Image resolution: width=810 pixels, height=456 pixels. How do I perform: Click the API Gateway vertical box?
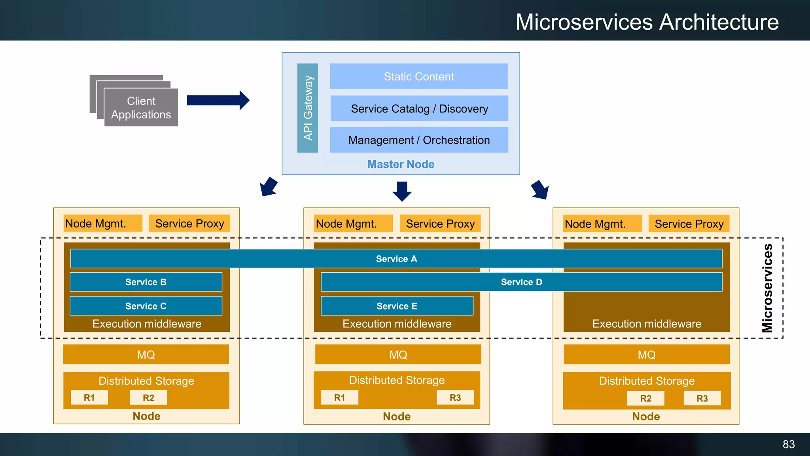tap(308, 108)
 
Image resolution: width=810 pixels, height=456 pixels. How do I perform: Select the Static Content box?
tap(419, 76)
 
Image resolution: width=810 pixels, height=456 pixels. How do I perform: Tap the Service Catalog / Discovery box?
tap(419, 108)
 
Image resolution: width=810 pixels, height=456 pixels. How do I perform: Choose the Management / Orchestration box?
tap(419, 140)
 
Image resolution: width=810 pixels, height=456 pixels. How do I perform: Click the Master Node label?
tap(401, 164)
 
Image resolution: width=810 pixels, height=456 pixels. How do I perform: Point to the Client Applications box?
tap(141, 108)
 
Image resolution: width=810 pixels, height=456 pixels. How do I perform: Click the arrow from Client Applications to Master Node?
tap(218, 101)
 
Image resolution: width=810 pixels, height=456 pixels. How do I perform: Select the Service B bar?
tap(146, 282)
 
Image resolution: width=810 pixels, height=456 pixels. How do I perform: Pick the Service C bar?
tap(146, 306)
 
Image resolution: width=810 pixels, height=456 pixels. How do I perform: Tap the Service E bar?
tap(397, 306)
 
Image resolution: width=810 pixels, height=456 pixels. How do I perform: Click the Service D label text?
tap(521, 282)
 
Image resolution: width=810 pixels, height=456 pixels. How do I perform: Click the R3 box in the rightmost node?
tap(702, 398)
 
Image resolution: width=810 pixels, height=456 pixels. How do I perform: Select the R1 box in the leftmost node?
tap(89, 398)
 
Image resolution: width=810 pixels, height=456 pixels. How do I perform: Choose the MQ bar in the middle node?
tap(398, 355)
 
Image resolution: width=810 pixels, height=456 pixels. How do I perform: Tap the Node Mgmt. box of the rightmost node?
tap(602, 224)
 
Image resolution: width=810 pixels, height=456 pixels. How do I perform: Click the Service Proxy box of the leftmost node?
tap(189, 224)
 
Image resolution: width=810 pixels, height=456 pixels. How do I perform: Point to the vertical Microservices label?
tap(767, 288)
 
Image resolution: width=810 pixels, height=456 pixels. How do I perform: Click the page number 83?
tap(789, 445)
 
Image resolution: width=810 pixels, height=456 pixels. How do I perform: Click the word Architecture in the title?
tap(719, 22)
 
